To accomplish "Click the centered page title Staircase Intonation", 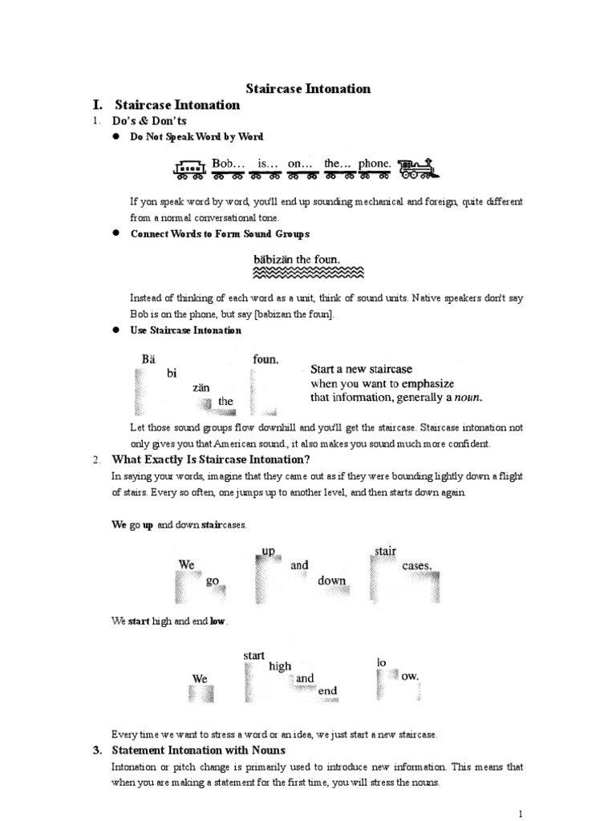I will tap(307, 88).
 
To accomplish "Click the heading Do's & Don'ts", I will tap(148, 120).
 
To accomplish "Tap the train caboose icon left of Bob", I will tap(190, 168).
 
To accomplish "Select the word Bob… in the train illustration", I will tap(228, 164).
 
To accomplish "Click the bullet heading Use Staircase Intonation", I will tap(185, 330).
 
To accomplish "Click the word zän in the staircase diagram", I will tap(201, 387).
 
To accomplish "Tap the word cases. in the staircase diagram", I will tap(417, 565).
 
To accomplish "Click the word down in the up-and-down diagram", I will tap(331, 580).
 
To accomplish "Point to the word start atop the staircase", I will tap(253, 656).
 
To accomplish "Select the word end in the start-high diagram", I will tap(327, 690).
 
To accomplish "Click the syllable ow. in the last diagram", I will tap(410, 677).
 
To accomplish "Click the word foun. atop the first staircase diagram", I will tap(265, 360).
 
